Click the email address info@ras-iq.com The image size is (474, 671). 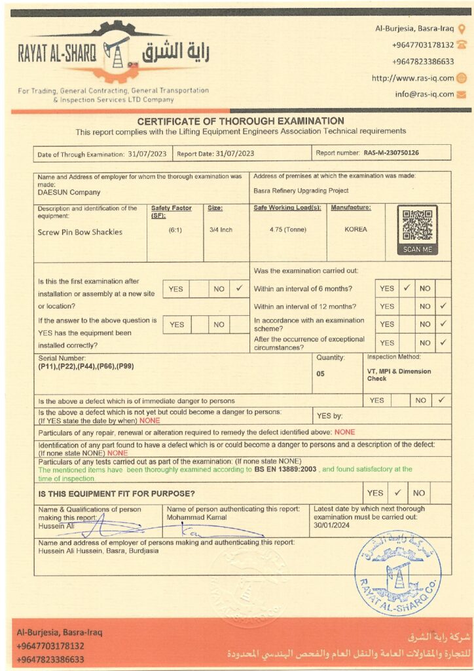424,94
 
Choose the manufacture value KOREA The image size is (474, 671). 355,229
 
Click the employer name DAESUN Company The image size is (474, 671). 69,193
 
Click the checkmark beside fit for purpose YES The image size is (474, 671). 397,493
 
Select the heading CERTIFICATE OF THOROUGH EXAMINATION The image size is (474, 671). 240,121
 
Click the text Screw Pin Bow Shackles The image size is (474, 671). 80,232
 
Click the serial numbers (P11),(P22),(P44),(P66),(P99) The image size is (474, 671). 86,366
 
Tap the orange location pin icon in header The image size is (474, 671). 462,28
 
